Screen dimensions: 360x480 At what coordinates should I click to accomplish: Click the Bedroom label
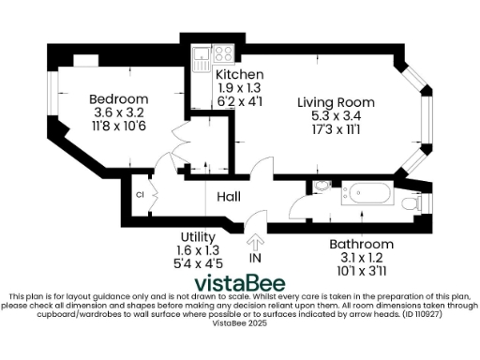118,99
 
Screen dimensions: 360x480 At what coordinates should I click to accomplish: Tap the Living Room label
336,102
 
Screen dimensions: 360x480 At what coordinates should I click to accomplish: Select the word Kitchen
239,74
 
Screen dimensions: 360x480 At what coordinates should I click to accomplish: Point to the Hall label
230,197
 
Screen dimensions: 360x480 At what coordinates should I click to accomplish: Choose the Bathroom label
361,244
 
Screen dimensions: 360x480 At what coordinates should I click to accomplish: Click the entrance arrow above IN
255,240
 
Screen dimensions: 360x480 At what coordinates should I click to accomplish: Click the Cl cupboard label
140,195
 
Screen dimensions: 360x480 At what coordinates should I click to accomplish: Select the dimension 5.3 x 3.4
336,115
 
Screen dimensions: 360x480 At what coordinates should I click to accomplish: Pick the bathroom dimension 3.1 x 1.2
361,257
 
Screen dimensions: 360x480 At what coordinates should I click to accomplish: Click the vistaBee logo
239,282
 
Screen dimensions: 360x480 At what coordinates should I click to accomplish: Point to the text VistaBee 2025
239,322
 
